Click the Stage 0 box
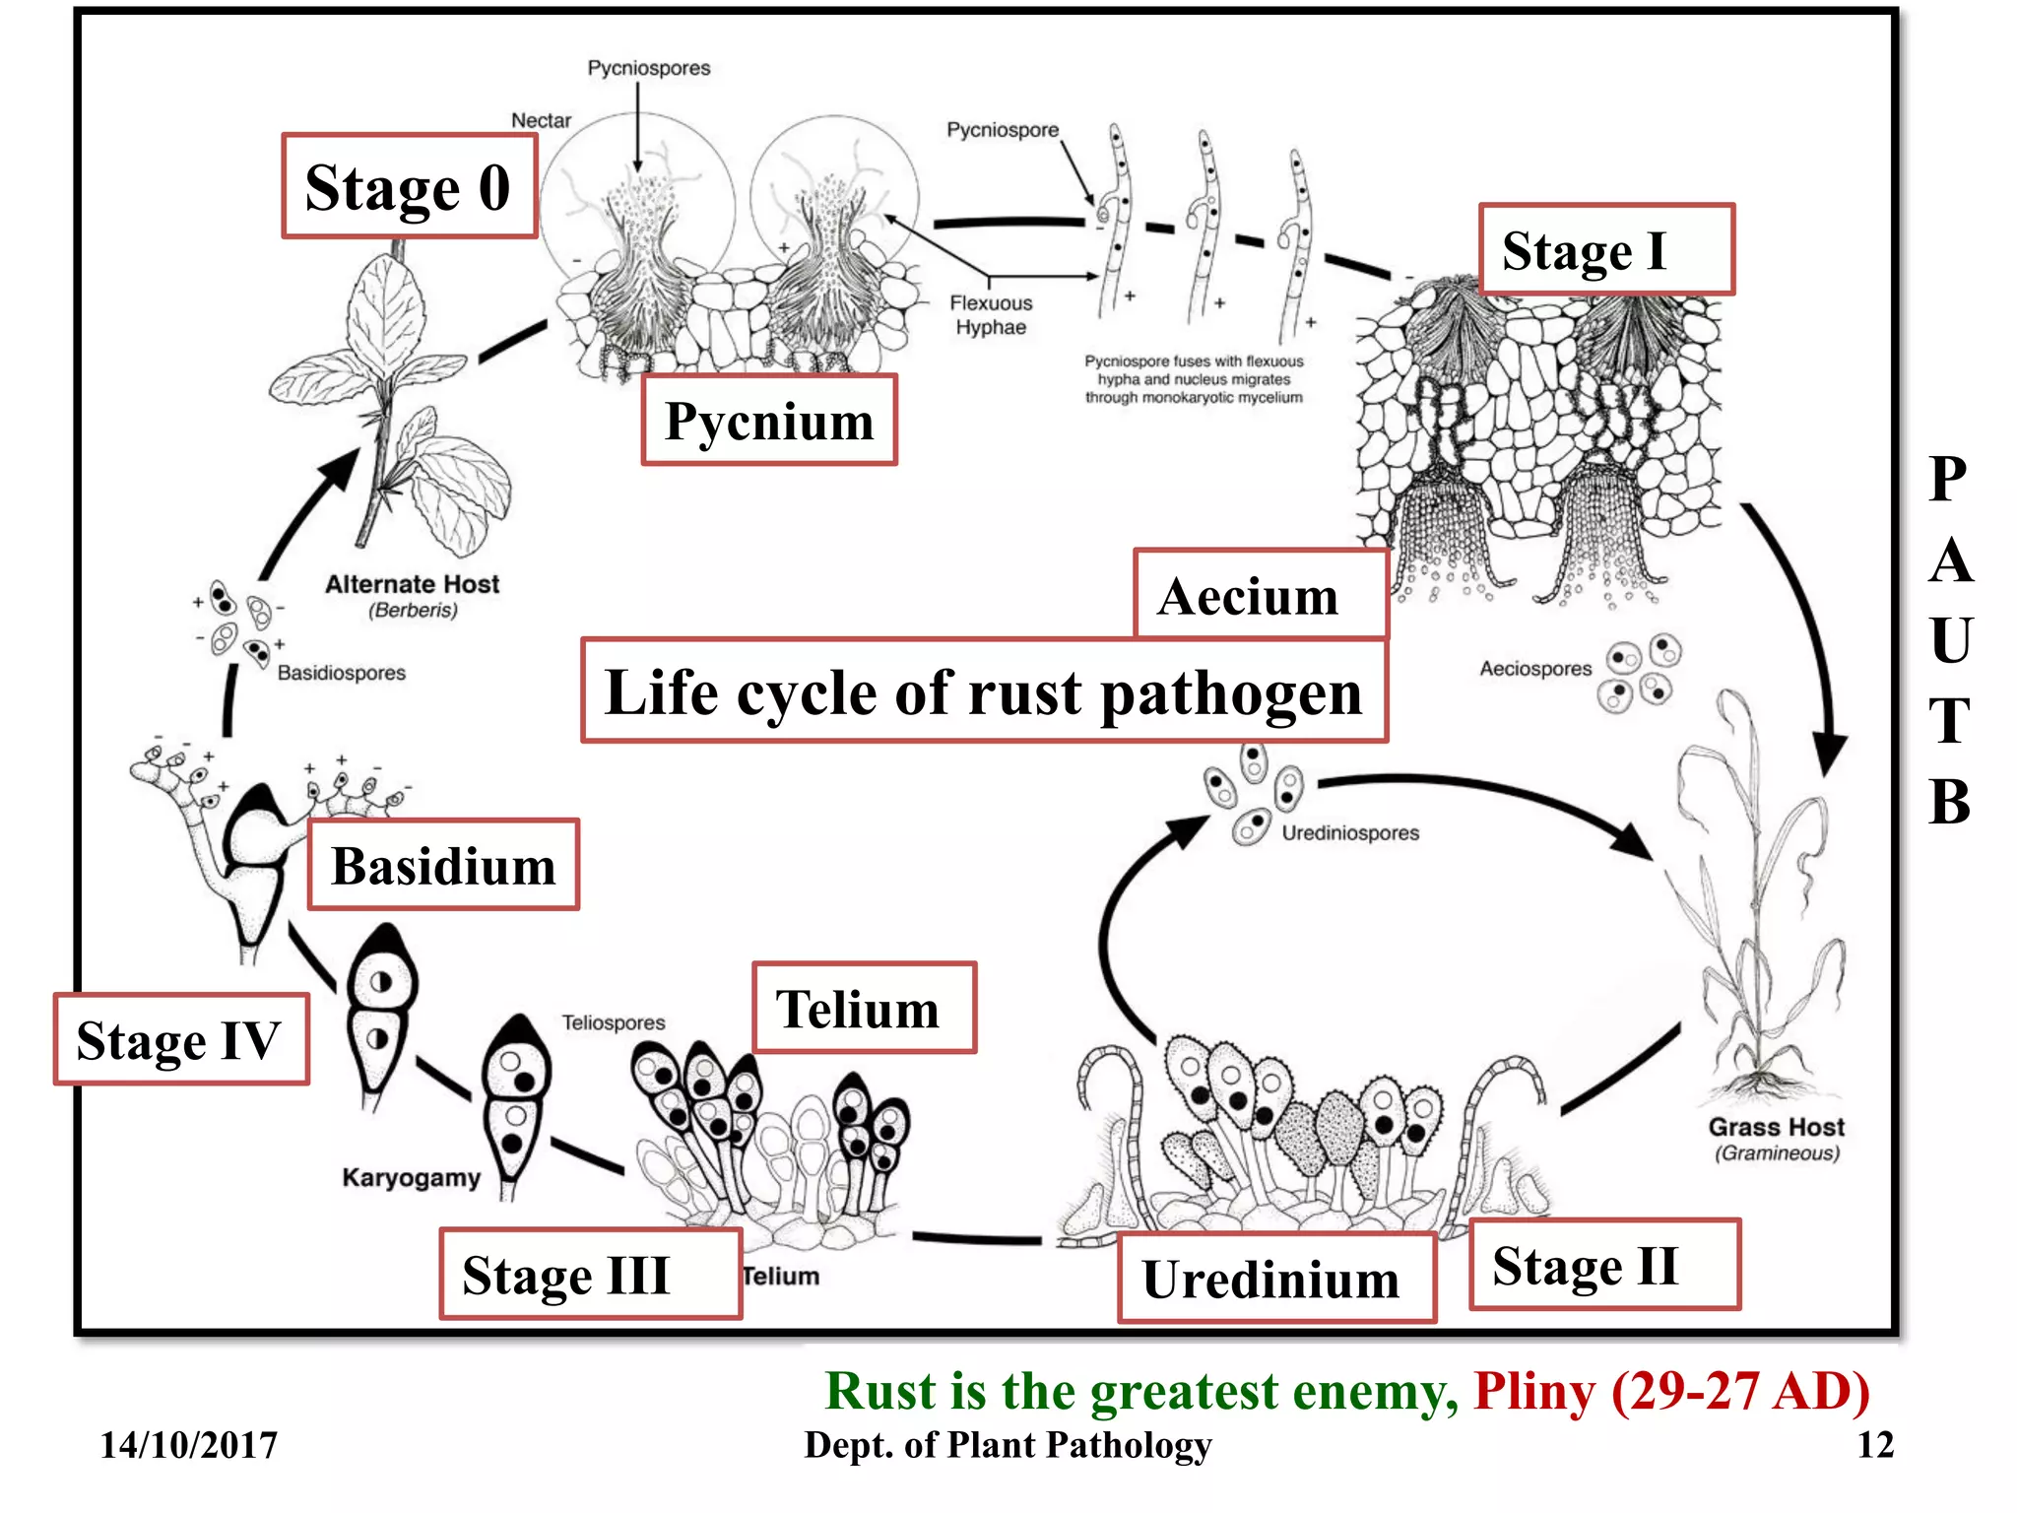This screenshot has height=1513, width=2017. (409, 186)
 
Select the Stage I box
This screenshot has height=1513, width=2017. (1605, 250)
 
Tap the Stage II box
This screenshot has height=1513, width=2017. (1604, 1265)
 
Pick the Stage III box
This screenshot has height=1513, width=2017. (590, 1274)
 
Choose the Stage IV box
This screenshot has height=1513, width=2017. (181, 1040)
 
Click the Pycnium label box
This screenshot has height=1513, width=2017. (769, 421)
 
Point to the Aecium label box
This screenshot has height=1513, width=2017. (1260, 595)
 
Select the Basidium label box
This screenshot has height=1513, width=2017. (443, 865)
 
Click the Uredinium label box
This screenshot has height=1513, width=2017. (1276, 1279)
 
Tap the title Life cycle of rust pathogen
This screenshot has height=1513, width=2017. (984, 691)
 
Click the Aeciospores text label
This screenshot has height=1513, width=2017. (1535, 669)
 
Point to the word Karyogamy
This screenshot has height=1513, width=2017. (411, 1177)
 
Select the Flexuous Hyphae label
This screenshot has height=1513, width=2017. (991, 315)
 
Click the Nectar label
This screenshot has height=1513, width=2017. (541, 120)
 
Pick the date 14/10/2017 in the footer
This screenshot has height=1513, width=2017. (188, 1445)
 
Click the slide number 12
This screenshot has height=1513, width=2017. (1874, 1445)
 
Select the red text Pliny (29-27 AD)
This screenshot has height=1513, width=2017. (1670, 1391)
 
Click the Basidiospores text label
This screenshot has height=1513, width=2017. (341, 673)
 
